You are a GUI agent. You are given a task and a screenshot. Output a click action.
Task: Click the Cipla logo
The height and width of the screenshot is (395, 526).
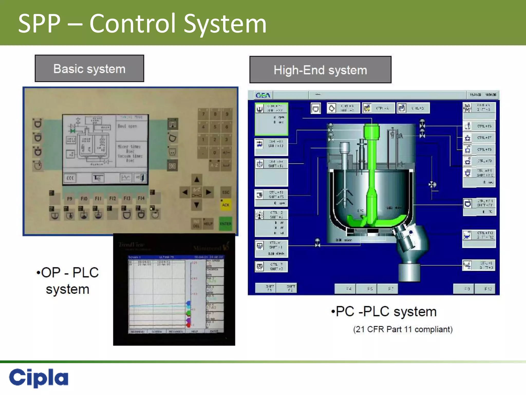39,377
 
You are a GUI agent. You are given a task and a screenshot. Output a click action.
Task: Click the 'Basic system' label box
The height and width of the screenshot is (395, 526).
89,69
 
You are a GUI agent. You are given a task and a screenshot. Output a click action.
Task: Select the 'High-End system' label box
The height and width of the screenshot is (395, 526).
320,70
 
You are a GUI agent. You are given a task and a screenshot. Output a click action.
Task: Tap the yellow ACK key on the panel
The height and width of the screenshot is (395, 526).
226,205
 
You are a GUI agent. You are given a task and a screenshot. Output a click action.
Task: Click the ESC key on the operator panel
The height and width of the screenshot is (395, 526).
226,192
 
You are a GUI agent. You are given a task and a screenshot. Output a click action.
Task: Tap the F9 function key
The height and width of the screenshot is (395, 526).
70,199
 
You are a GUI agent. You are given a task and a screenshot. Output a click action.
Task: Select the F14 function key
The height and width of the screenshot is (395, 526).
141,198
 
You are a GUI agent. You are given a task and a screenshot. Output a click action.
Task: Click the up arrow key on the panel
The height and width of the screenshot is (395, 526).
196,179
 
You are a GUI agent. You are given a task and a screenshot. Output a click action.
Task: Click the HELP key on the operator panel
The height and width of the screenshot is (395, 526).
208,223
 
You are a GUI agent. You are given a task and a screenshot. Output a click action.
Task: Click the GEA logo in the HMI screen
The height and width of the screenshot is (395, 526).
263,95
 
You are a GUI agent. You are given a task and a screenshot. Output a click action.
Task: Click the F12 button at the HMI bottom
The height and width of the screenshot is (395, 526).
488,289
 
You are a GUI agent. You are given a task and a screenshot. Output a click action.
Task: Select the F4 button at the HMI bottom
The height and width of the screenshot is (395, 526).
348,289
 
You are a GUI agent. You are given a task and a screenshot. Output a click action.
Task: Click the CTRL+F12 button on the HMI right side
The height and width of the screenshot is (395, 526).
479,235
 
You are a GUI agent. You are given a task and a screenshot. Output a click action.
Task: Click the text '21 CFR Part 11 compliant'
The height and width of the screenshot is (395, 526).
403,329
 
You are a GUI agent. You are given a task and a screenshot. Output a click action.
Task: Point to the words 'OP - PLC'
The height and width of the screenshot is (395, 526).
68,273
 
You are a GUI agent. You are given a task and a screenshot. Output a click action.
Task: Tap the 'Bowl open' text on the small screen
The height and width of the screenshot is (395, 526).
127,126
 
